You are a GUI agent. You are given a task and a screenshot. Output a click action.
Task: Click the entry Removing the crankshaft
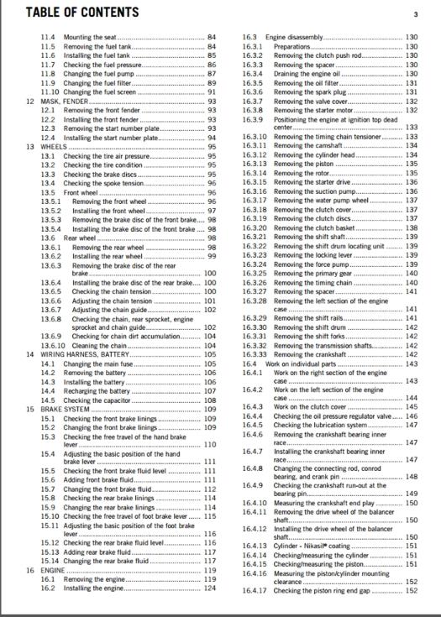coord(311,355)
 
